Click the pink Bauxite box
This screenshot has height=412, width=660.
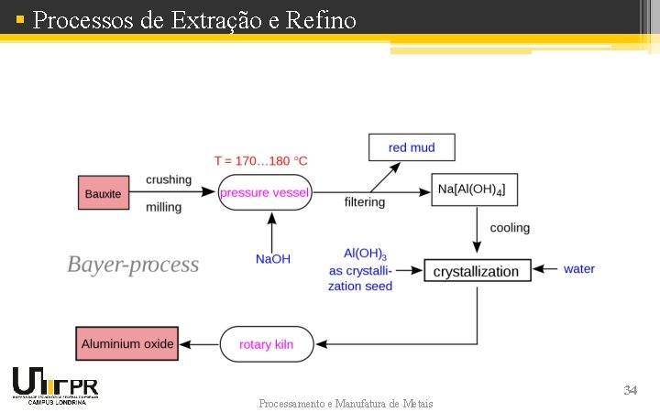pos(103,193)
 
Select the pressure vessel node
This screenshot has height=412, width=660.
pos(265,193)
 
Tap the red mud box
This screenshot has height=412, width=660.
pos(412,147)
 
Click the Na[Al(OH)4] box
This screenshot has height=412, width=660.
pos(475,190)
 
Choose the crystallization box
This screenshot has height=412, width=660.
pos(477,271)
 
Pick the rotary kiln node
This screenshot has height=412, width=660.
pos(266,344)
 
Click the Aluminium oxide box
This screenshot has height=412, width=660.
pos(127,344)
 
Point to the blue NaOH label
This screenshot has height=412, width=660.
pos(272,259)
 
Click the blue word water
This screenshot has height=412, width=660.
pos(579,269)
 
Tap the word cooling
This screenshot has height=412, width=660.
pos(510,227)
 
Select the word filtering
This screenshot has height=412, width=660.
pos(365,201)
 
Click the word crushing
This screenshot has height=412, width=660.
pos(169,179)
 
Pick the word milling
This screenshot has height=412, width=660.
pos(164,207)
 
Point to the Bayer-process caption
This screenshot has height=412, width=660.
pos(133,265)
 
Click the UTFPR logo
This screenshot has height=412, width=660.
pos(55,385)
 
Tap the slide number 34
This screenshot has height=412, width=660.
pos(630,390)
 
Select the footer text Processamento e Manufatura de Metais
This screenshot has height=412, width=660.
pos(346,403)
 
